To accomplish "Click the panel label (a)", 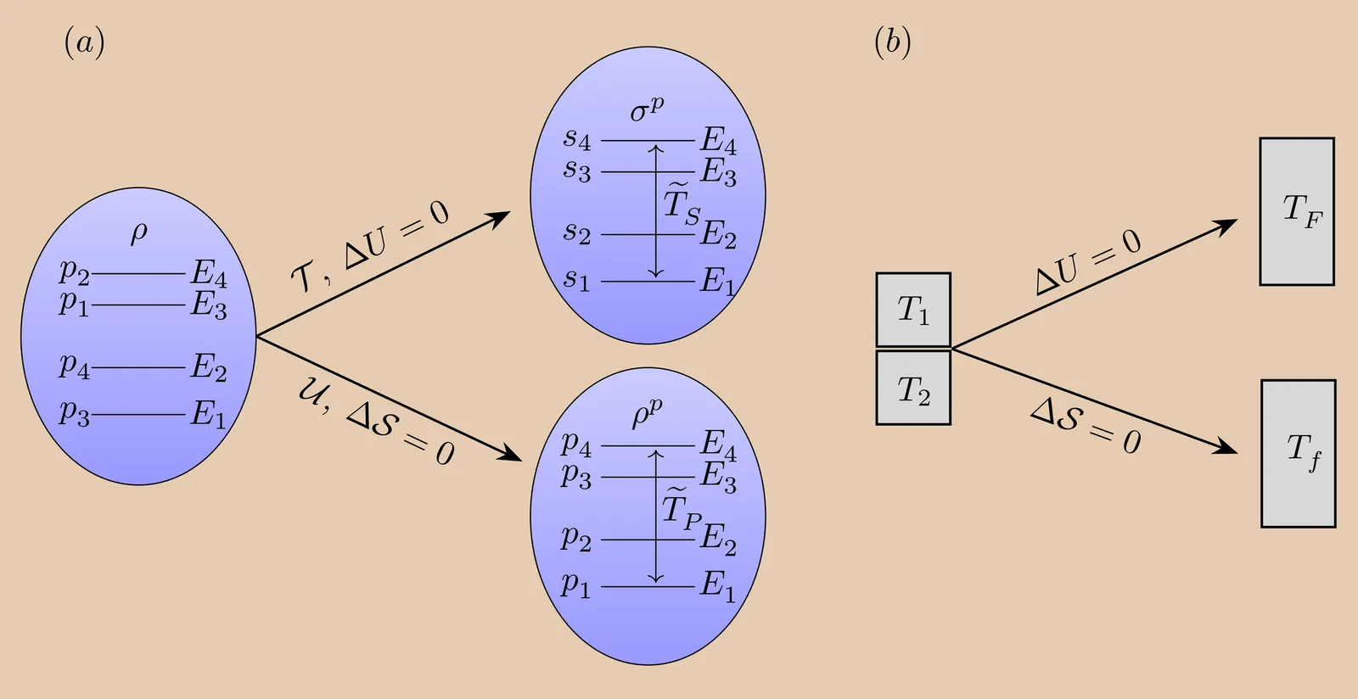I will [85, 42].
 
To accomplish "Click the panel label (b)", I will [892, 42].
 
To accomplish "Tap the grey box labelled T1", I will [913, 310].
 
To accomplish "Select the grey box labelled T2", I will [913, 389].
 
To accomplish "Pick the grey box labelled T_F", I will [1297, 211].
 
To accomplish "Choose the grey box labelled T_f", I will [1299, 453].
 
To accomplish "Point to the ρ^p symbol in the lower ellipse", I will [647, 415].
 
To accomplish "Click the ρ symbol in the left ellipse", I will [138, 232].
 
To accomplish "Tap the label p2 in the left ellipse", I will [74, 273].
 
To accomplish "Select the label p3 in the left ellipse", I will [74, 413].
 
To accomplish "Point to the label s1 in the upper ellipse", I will [576, 279].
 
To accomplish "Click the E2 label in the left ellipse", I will [209, 368].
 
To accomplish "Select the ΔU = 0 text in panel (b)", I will [1089, 262].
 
